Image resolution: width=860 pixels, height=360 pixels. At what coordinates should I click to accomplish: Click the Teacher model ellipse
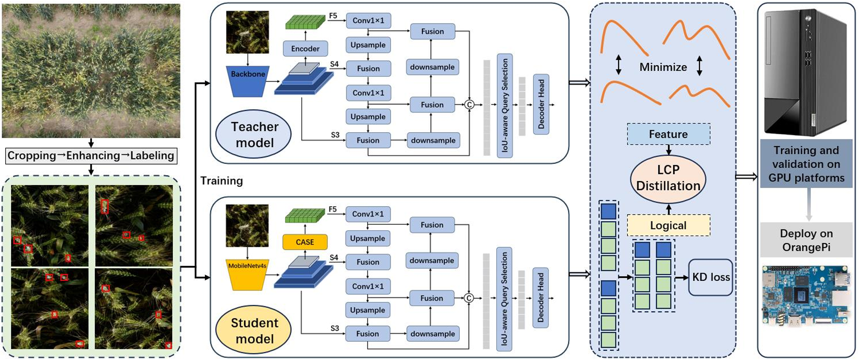click(x=254, y=135)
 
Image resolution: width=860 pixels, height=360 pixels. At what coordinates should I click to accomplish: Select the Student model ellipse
click(x=254, y=331)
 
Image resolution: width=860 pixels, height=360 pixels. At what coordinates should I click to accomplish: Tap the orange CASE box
click(x=305, y=242)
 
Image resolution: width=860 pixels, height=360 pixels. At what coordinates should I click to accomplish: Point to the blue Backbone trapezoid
click(x=248, y=80)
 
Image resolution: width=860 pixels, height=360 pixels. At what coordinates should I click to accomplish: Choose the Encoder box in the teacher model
click(x=305, y=49)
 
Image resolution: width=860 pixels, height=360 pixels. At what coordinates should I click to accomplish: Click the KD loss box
click(x=710, y=277)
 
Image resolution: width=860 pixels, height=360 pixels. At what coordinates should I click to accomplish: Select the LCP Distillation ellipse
click(x=668, y=178)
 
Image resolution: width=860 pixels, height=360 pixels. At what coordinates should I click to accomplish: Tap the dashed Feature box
click(x=669, y=134)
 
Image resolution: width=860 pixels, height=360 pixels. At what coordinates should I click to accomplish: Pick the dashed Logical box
click(x=668, y=225)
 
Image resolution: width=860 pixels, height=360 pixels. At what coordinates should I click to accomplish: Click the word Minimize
click(x=663, y=67)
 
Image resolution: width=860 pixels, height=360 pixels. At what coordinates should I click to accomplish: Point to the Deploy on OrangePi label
click(x=806, y=240)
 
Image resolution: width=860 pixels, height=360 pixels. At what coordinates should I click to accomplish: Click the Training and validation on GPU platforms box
click(x=806, y=164)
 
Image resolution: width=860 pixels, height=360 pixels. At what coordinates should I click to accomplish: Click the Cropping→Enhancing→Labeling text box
click(x=91, y=156)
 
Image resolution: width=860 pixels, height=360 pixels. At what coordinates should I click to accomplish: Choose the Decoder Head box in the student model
click(x=541, y=298)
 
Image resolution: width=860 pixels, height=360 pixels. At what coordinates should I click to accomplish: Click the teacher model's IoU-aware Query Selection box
click(x=505, y=105)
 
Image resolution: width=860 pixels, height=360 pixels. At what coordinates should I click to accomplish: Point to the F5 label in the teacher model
click(x=333, y=16)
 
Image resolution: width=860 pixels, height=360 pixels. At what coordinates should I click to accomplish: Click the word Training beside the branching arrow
click(x=222, y=181)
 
